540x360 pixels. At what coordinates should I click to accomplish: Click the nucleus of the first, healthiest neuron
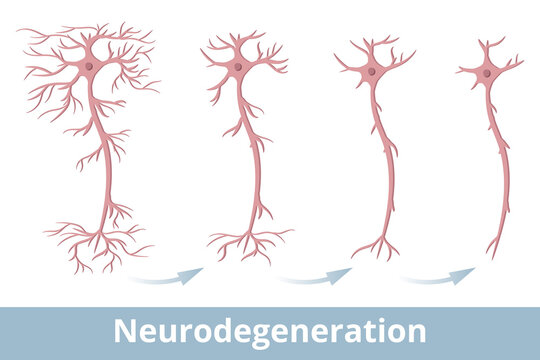pyautogui.click(x=89, y=66)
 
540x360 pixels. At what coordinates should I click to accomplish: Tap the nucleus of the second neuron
pyautogui.click(x=238, y=68)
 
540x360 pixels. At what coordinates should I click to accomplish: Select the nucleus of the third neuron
pyautogui.click(x=372, y=71)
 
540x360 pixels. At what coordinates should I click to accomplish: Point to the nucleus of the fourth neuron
pyautogui.click(x=488, y=73)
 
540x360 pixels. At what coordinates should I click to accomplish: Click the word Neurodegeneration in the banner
pyautogui.click(x=270, y=332)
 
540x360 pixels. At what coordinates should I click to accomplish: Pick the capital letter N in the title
pyautogui.click(x=124, y=332)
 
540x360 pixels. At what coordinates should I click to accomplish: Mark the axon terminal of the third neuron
pyautogui.click(x=379, y=243)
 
